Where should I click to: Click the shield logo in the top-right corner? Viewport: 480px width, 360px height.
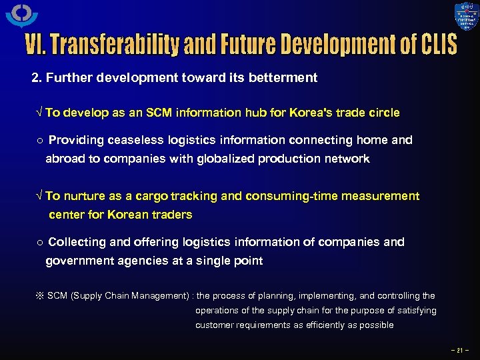(x=466, y=17)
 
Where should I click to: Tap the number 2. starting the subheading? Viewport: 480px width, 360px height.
(x=37, y=77)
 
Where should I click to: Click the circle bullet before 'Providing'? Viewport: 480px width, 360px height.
(x=39, y=141)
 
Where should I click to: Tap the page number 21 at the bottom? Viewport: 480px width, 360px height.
(x=459, y=349)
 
